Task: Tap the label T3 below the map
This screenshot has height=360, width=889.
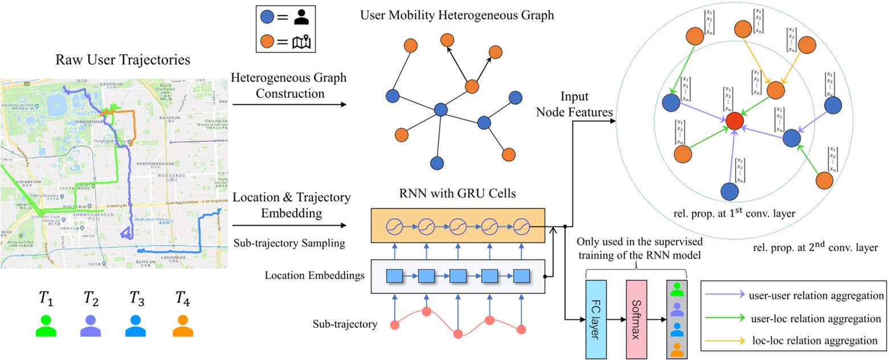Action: click(x=137, y=297)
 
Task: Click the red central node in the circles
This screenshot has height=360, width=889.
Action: click(x=735, y=121)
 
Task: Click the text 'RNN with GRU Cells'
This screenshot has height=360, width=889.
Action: click(x=458, y=194)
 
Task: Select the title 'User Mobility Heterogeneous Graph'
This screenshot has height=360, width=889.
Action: click(x=457, y=14)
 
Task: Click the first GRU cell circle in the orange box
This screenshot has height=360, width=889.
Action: click(x=395, y=226)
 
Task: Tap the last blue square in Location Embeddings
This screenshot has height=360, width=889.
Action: click(x=521, y=276)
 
